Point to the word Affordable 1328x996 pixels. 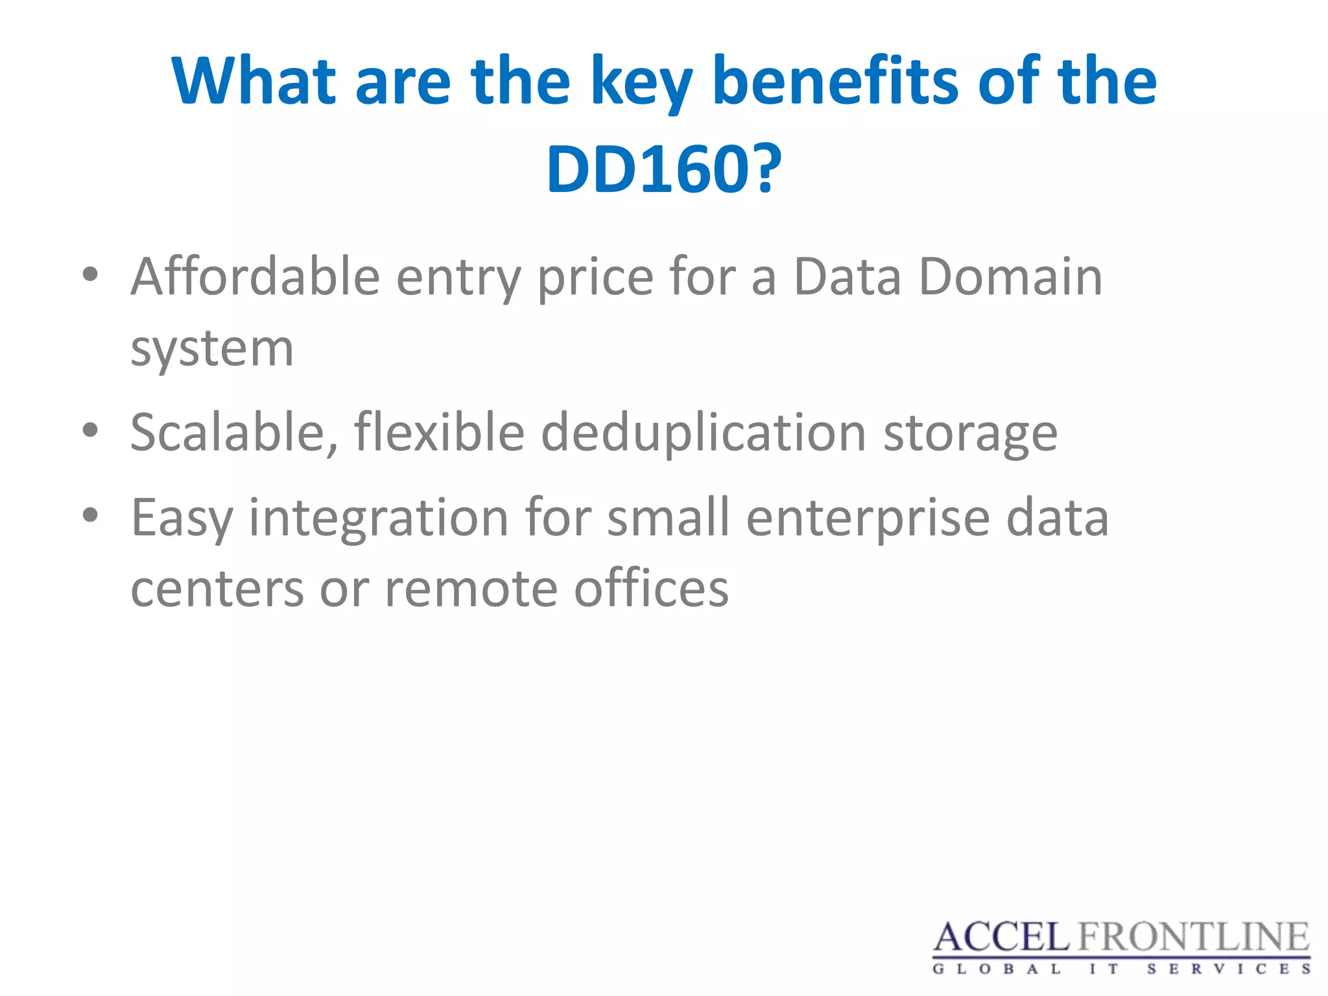(255, 277)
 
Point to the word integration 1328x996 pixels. (379, 519)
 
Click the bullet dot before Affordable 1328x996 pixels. (90, 275)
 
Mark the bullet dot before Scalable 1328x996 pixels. (90, 431)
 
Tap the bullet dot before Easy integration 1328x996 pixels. (90, 516)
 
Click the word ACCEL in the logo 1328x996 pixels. (1001, 938)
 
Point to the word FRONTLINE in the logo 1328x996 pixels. (1193, 938)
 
